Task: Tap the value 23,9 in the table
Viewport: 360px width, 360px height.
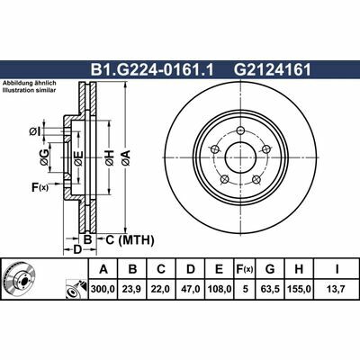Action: tap(133, 289)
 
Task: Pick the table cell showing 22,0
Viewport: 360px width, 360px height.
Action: tap(160, 289)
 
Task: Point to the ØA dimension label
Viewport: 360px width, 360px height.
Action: tap(127, 159)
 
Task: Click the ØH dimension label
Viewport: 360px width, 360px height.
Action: tap(110, 159)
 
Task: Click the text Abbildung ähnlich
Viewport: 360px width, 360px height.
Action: tap(30, 83)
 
